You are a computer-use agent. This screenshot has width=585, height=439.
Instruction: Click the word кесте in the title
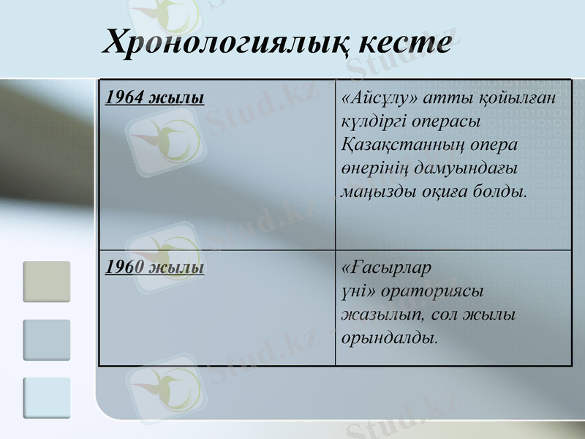[x=404, y=42]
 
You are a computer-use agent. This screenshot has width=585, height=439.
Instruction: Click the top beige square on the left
[x=47, y=282]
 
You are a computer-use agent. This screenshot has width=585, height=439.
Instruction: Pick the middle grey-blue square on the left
[x=47, y=339]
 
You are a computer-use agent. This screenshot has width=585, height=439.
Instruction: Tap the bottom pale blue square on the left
[x=47, y=397]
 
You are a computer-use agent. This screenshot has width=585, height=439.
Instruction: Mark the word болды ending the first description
[x=505, y=192]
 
